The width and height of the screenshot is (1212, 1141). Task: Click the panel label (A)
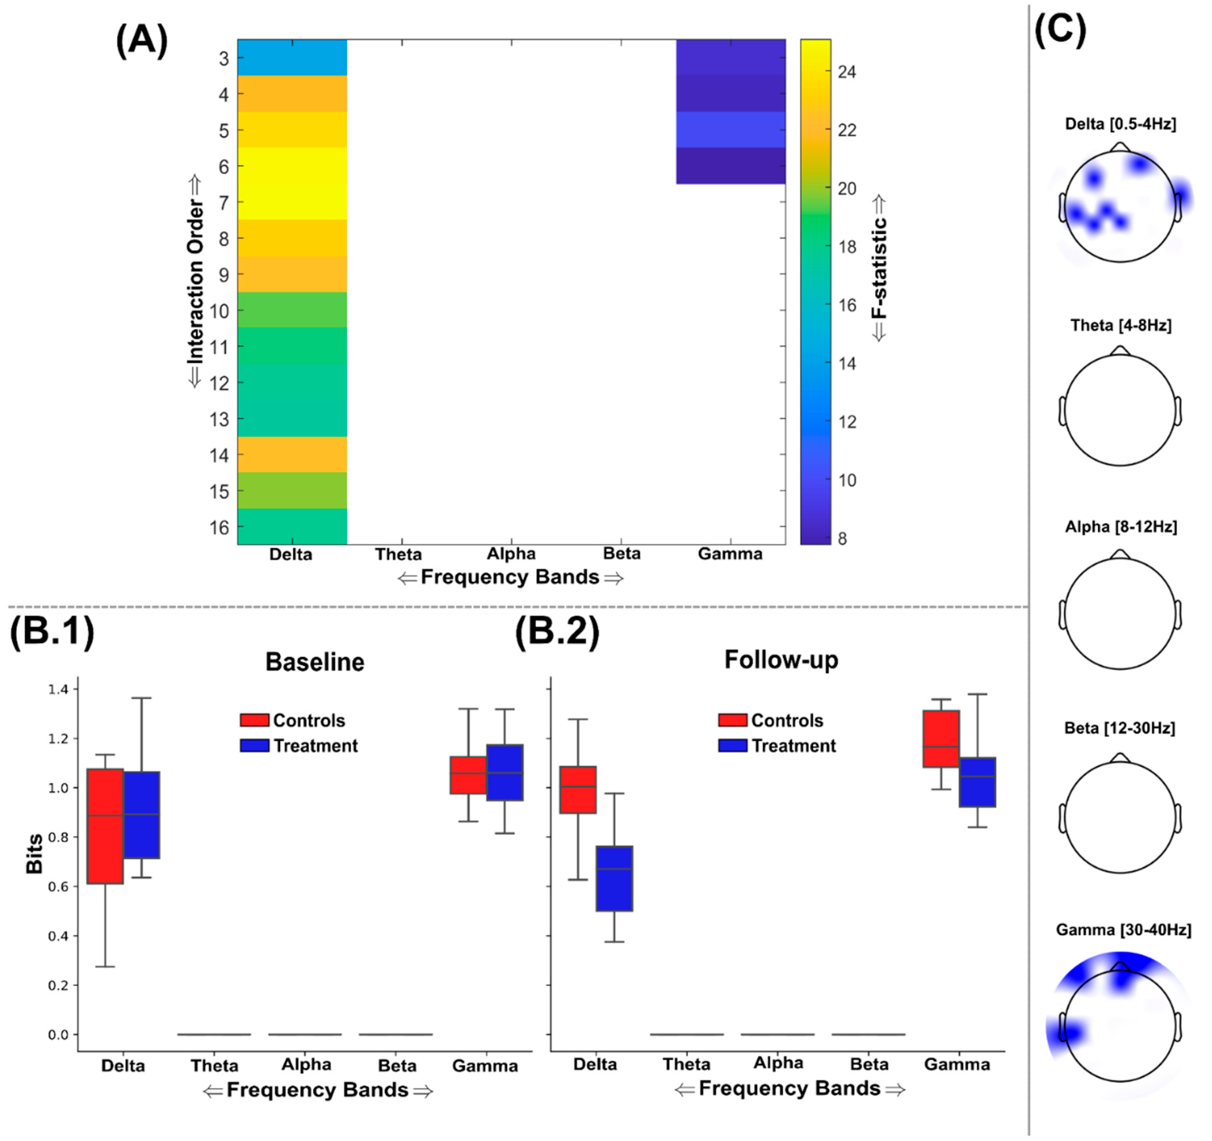(x=141, y=41)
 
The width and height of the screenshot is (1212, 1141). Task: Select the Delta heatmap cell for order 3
(x=292, y=57)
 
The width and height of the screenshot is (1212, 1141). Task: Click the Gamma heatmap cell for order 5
(x=730, y=129)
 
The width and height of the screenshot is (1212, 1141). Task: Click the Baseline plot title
(x=315, y=662)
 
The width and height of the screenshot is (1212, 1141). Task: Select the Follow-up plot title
(x=781, y=660)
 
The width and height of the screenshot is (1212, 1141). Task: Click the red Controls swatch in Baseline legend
(x=254, y=720)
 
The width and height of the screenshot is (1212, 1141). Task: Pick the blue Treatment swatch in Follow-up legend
(x=732, y=745)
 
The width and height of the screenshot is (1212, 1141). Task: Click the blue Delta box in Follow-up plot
(x=614, y=878)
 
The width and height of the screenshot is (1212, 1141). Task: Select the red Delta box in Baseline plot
(x=105, y=826)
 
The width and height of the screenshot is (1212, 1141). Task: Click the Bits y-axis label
(x=34, y=853)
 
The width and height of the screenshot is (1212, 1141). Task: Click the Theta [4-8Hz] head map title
(x=1120, y=326)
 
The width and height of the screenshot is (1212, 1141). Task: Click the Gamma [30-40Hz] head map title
(x=1123, y=930)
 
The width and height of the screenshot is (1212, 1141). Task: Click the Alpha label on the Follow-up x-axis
(x=777, y=1063)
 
